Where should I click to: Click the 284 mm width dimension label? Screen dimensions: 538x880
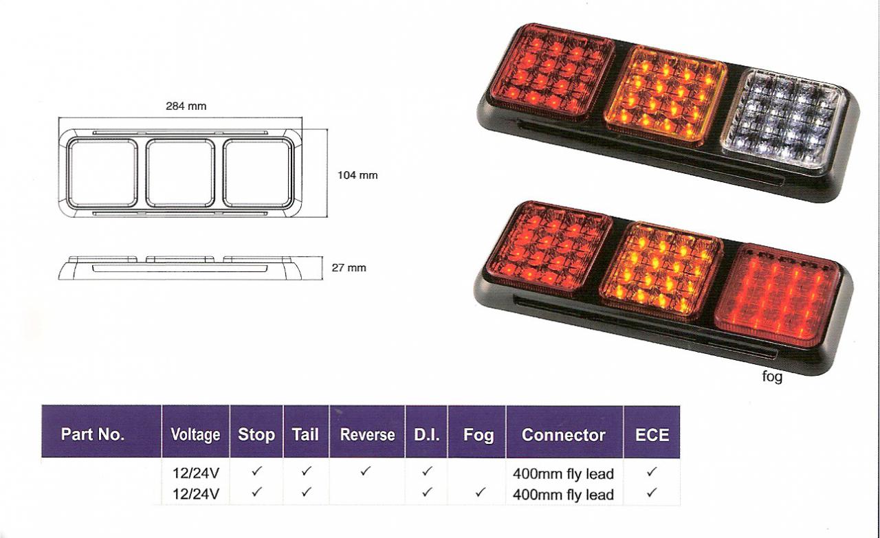186,107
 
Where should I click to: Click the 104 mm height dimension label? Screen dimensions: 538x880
357,175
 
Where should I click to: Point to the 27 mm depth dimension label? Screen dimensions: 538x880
349,267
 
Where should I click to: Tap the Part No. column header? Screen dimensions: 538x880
93,434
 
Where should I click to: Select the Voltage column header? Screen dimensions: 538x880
195,435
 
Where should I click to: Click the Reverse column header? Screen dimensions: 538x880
367,435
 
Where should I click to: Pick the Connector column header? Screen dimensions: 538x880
564,435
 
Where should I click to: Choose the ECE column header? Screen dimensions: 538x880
652,435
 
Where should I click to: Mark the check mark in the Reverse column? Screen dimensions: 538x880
366,472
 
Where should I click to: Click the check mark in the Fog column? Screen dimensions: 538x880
481,493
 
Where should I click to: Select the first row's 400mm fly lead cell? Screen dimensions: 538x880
563,473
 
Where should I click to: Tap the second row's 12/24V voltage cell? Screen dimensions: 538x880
195,493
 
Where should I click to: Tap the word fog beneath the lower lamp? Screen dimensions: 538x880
772,377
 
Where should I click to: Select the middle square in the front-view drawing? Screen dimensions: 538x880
181,172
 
